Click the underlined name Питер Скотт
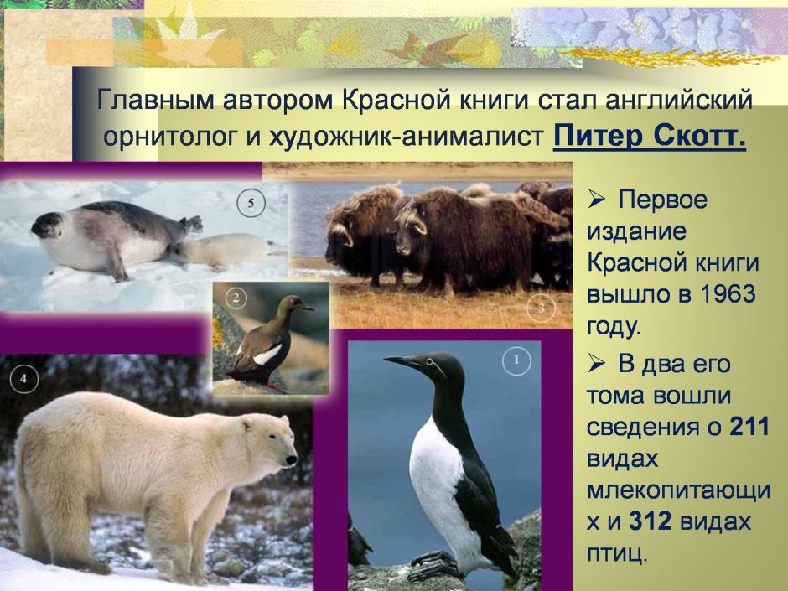pos(649,136)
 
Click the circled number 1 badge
pos(517,361)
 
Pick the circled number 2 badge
pos(236,298)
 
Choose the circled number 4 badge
pos(24,379)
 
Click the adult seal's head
pos(49,224)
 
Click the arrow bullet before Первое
pos(597,200)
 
